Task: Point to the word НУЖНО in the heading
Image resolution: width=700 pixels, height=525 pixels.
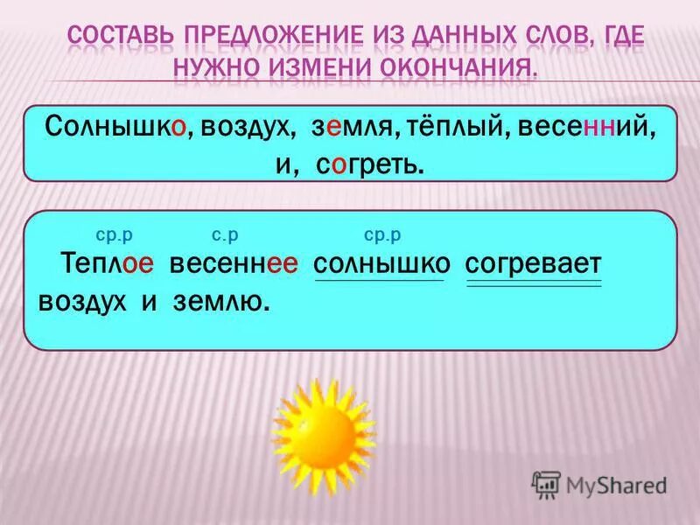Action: tap(217, 67)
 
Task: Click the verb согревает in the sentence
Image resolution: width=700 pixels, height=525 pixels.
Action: tap(534, 262)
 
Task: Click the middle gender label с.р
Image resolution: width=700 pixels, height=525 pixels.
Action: tap(225, 234)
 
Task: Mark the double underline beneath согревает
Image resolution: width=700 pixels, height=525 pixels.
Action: tap(534, 283)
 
